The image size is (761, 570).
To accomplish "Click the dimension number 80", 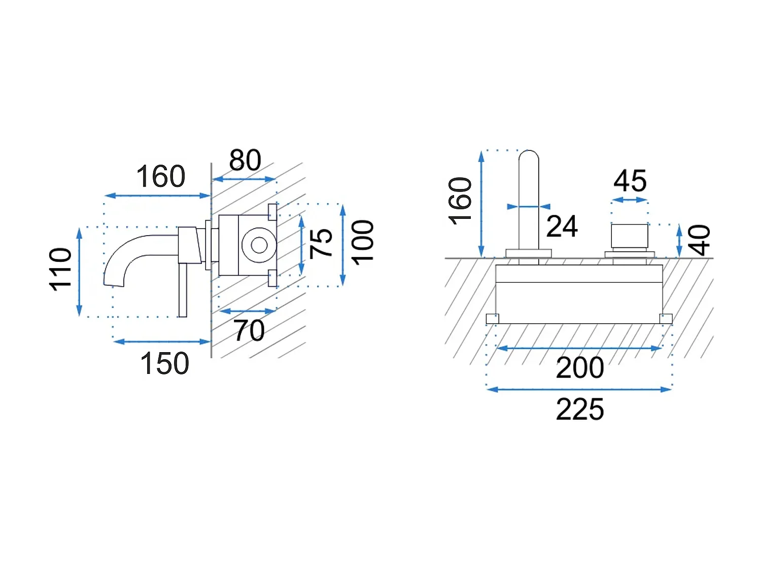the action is point(245,160).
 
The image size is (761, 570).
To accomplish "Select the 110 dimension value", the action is point(60,269).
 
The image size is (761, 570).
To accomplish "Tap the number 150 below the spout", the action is point(165,363).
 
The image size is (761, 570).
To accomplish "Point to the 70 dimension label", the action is point(249,330).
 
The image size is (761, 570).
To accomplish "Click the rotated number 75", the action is point(321,244).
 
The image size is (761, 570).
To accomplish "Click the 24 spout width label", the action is point(562,226).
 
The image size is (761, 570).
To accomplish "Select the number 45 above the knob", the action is point(630,181).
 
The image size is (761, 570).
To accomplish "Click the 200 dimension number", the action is point(580,367).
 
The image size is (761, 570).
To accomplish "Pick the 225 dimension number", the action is point(580,409).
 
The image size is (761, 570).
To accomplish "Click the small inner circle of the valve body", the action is point(259,245).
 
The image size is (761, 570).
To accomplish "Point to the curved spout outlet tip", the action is point(113,284).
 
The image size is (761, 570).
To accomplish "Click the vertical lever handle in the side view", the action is point(183,290).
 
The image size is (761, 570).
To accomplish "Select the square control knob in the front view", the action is point(630,236).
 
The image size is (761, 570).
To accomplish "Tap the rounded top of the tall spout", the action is point(529,156).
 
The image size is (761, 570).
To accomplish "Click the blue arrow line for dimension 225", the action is point(579,390).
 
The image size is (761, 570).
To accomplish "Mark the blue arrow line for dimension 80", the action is point(244,179).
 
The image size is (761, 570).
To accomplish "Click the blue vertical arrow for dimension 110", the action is point(79,272).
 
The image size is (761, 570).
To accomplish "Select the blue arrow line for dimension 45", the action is point(630,200).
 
